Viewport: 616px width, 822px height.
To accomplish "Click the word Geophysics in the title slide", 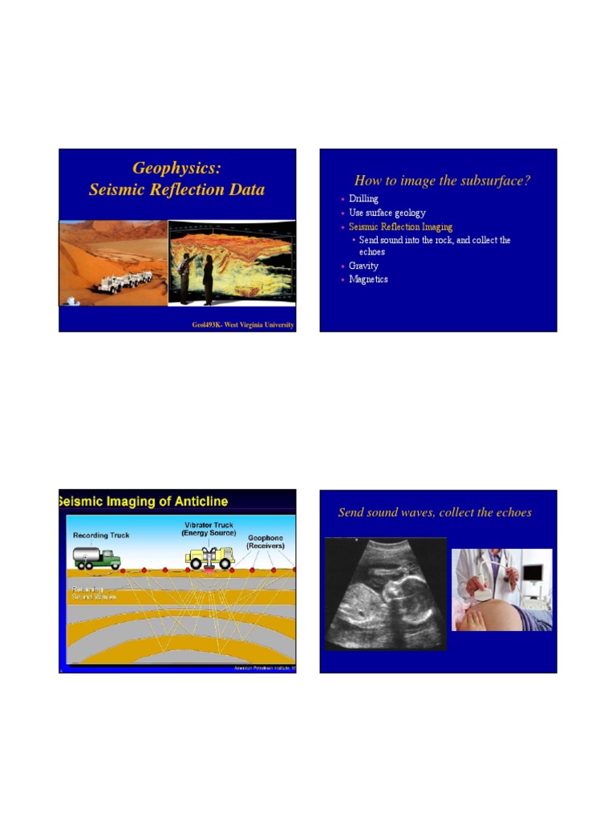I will (x=176, y=168).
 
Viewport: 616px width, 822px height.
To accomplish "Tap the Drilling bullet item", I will (x=363, y=199).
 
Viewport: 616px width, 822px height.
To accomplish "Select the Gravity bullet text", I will (x=363, y=266).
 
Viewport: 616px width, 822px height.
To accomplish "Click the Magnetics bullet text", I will (x=368, y=279).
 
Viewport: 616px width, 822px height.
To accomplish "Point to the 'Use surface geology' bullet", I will (x=387, y=213).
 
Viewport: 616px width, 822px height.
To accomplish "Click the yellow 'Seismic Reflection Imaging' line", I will (x=400, y=227).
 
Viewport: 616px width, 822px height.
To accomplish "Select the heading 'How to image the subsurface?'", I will (x=442, y=181).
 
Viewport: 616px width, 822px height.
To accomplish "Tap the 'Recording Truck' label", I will (x=101, y=535).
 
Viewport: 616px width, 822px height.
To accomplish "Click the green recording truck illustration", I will (x=96, y=558).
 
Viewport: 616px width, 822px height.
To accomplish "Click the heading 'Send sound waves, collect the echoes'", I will (x=435, y=512).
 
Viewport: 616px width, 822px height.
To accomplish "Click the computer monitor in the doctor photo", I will (x=532, y=573).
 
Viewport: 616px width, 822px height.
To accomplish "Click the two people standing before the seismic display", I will (x=197, y=277).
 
